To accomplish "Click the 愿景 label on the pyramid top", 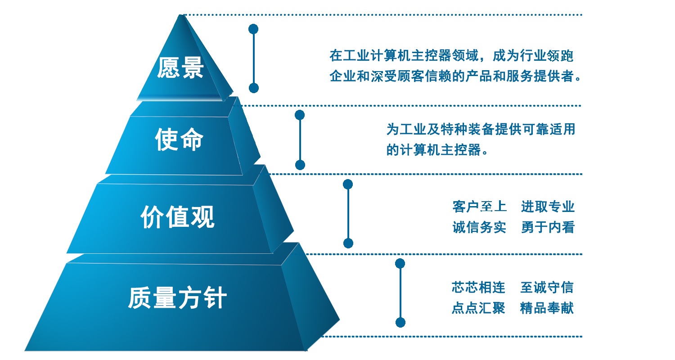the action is (180, 68).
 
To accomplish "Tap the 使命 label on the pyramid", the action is (179, 139).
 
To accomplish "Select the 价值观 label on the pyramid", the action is (177, 216).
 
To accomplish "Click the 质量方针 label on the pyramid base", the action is (177, 297).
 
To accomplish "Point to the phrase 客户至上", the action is (479, 207).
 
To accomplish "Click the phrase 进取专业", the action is (548, 207).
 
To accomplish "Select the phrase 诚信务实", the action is (479, 227).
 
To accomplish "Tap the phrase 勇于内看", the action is (548, 227).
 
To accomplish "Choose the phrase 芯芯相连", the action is (478, 288).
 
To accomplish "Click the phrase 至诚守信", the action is (547, 288).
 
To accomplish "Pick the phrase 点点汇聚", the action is (478, 308).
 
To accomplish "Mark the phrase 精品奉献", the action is (547, 308).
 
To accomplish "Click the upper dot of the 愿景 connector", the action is (253, 29).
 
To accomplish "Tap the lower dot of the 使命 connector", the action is (300, 165).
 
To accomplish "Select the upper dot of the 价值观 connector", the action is (348, 184).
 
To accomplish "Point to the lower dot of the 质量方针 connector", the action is (400, 323).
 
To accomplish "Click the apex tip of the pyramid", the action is (181, 15).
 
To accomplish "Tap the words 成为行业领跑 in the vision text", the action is (533, 56).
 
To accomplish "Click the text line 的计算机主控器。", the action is (437, 150).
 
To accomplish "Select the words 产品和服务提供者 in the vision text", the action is (519, 76).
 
